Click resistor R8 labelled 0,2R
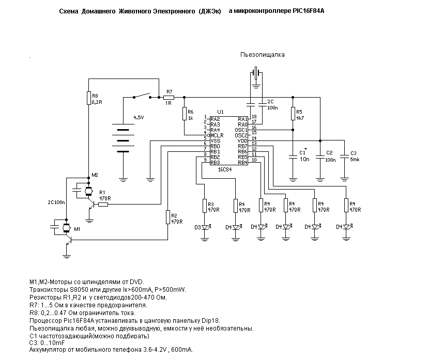pyautogui.click(x=88, y=98)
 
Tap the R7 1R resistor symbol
pyautogui.click(x=169, y=98)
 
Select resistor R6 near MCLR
pyautogui.click(x=184, y=114)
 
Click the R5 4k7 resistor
pyautogui.click(x=293, y=114)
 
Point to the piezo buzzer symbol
pyautogui.click(x=256, y=73)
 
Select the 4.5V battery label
pyautogui.click(x=139, y=118)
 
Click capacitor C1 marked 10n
pyautogui.click(x=293, y=157)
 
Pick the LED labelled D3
pyautogui.click(x=205, y=227)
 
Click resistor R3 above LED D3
pyautogui.click(x=205, y=206)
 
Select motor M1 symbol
pyautogui.click(x=66, y=227)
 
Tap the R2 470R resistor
pyautogui.click(x=168, y=217)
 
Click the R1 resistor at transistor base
pyautogui.click(x=103, y=204)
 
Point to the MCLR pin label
pyautogui.click(x=217, y=135)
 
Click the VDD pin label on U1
pyautogui.click(x=242, y=140)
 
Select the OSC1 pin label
pyautogui.click(x=241, y=130)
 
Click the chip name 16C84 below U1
pyautogui.click(x=225, y=169)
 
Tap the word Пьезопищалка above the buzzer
pyautogui.click(x=262, y=55)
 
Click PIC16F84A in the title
pyautogui.click(x=309, y=11)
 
